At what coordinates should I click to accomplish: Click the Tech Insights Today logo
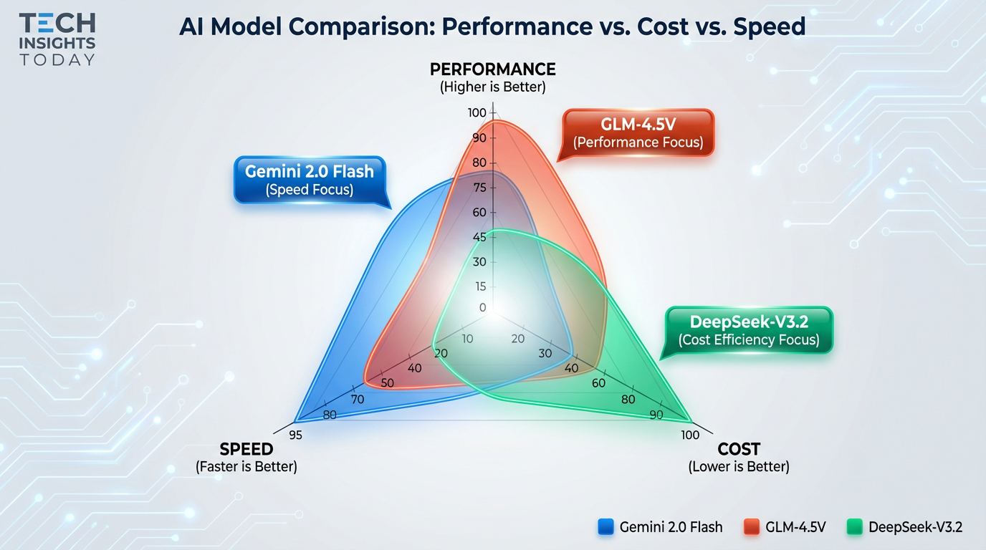tap(57, 39)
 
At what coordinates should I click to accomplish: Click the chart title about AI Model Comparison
tap(492, 27)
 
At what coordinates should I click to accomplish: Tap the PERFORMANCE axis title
tap(492, 69)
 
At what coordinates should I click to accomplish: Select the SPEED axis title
tap(246, 449)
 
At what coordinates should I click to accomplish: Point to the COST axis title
tap(738, 449)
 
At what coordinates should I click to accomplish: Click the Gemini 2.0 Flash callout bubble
tap(310, 180)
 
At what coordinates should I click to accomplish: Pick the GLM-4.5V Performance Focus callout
tap(638, 133)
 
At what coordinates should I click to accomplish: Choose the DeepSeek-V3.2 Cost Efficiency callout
tap(749, 330)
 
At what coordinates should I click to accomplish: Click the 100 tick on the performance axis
tap(477, 113)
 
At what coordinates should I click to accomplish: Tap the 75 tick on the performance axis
tap(479, 188)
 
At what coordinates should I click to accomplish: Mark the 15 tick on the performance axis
tap(479, 286)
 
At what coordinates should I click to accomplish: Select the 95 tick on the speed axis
tap(295, 435)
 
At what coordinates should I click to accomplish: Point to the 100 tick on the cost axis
tap(690, 435)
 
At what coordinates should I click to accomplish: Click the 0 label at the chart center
tap(482, 308)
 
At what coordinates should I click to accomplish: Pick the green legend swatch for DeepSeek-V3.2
tap(854, 527)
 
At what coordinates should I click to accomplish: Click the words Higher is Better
tap(492, 87)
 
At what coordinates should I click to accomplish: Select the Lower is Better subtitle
tap(738, 467)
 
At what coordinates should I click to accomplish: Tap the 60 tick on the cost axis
tap(598, 383)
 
